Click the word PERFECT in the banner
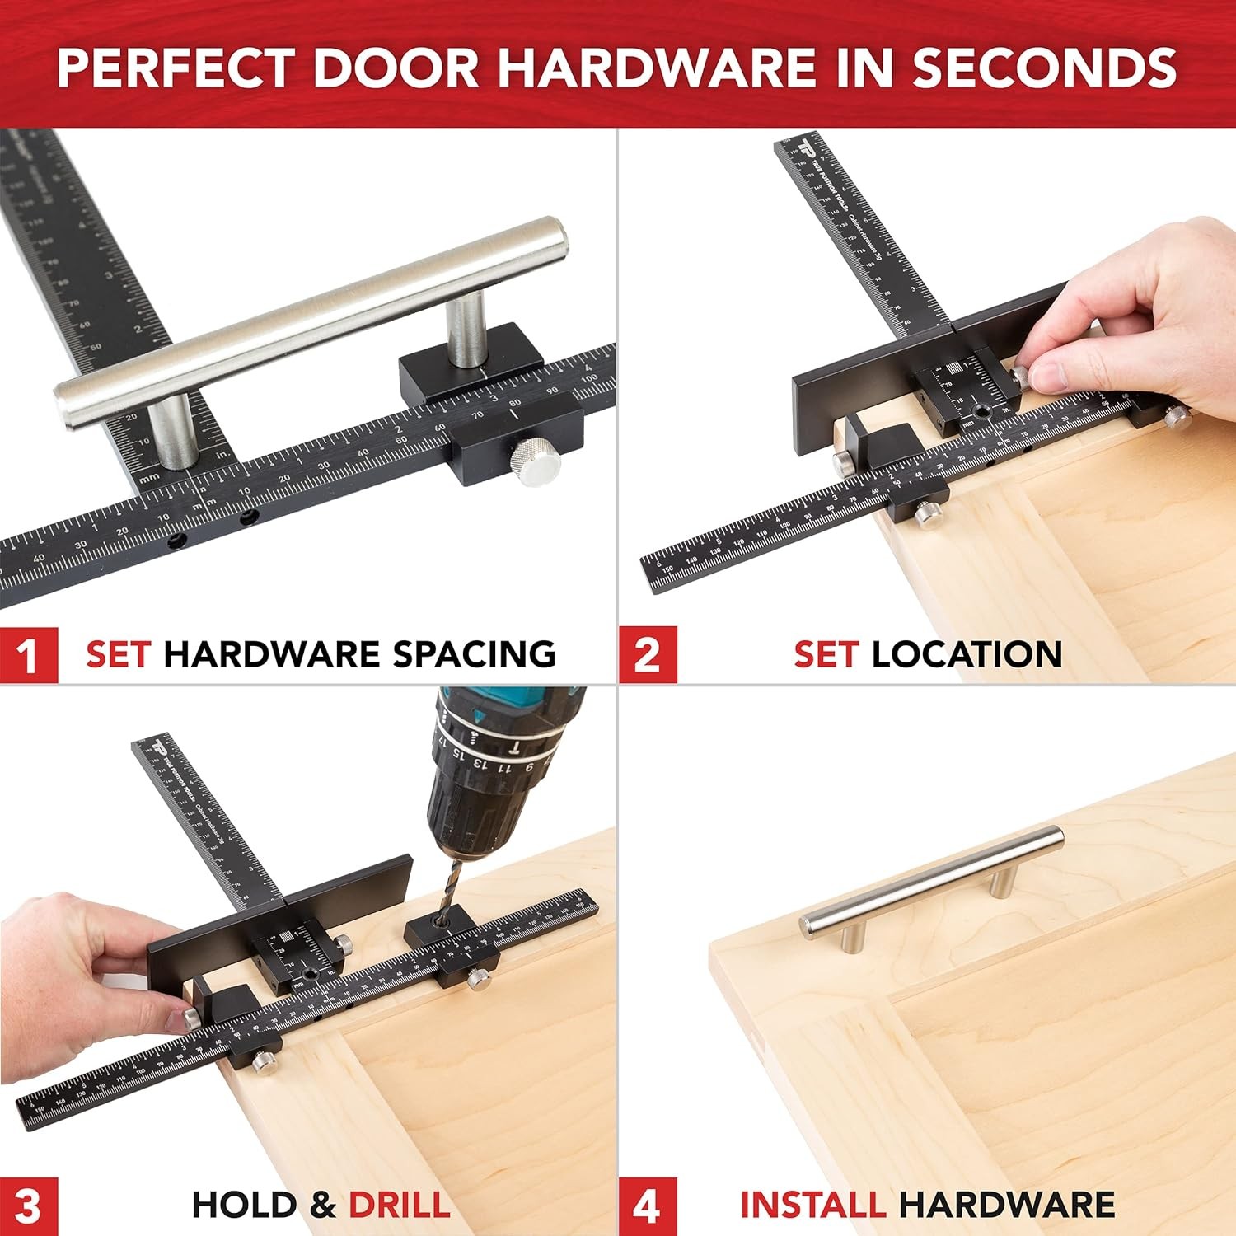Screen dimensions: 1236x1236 [x=176, y=68]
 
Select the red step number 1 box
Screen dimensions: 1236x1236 [x=29, y=655]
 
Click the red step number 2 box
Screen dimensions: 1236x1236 [x=648, y=655]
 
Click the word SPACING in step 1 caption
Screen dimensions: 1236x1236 [x=474, y=654]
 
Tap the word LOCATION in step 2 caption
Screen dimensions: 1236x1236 [x=967, y=654]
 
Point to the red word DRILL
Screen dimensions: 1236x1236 [x=400, y=1205]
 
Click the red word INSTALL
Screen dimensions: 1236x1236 [x=812, y=1205]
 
